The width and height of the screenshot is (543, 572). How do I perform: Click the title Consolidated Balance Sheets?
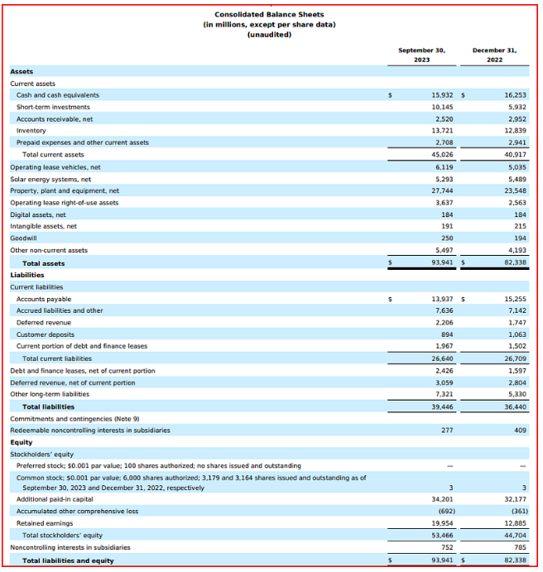pyautogui.click(x=269, y=14)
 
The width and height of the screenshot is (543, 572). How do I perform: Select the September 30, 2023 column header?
pyautogui.click(x=421, y=55)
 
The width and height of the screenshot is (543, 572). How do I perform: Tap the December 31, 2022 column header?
pyautogui.click(x=494, y=55)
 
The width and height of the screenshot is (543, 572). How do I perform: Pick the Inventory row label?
pyautogui.click(x=31, y=131)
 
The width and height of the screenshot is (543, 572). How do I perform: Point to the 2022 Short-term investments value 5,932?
pyautogui.click(x=513, y=107)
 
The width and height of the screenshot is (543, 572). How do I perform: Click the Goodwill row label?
pyautogui.click(x=24, y=238)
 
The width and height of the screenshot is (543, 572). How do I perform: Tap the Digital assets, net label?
pyautogui.click(x=37, y=214)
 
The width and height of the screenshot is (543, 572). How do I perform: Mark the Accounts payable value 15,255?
pyautogui.click(x=512, y=299)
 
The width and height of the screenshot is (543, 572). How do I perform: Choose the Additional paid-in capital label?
pyautogui.click(x=55, y=500)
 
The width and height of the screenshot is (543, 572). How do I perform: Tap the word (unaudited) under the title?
pyautogui.click(x=269, y=34)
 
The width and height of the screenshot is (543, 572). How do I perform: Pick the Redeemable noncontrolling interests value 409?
pyautogui.click(x=517, y=430)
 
